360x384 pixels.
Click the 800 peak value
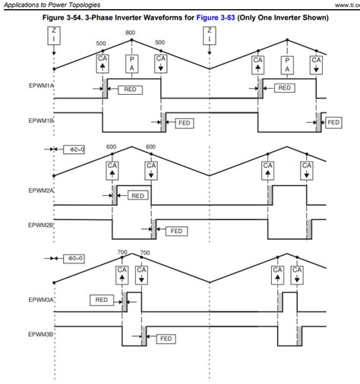[131, 33]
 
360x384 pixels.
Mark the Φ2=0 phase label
[72, 150]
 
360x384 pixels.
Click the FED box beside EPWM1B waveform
[184, 121]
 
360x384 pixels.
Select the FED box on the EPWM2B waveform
[175, 231]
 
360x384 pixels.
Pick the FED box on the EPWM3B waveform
[166, 338]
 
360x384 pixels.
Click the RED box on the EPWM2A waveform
[137, 195]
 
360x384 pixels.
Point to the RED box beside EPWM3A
[101, 300]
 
